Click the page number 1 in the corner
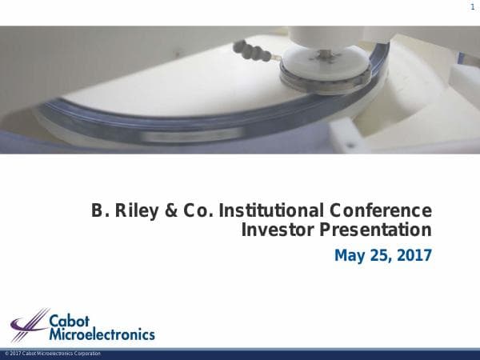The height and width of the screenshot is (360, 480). (473, 8)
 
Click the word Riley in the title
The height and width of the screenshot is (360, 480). (131, 211)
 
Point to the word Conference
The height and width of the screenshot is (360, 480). (378, 211)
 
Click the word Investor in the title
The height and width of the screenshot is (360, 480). (278, 231)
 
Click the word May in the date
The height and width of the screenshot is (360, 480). (350, 256)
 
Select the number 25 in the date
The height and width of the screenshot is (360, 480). (380, 256)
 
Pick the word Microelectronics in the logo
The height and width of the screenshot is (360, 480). (102, 333)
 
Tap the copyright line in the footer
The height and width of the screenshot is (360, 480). (52, 354)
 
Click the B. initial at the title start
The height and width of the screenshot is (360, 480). (98, 211)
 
